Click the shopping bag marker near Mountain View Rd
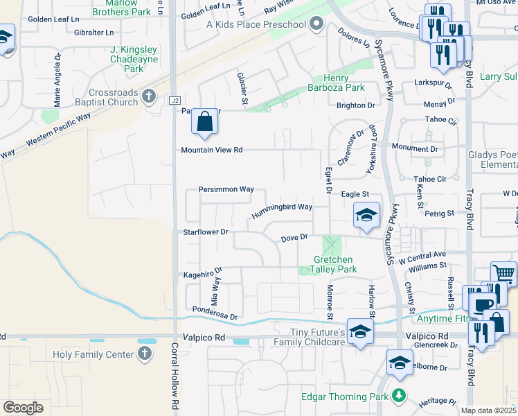tap(205, 121)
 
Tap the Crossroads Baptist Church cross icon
tap(148, 96)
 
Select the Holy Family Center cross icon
tap(144, 354)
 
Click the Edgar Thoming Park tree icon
tap(398, 397)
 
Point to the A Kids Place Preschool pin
tap(316, 25)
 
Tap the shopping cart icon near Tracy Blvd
tap(503, 273)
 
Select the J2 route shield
tap(175, 101)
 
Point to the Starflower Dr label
tap(205, 232)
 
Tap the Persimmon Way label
tap(226, 189)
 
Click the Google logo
tap(23, 408)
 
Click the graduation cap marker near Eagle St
tap(366, 214)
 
